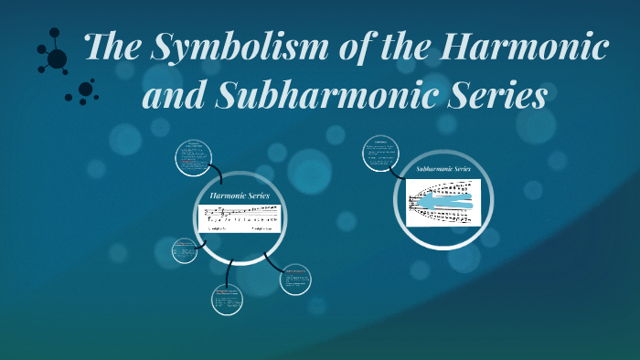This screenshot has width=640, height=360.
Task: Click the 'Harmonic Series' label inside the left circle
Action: pyautogui.click(x=239, y=196)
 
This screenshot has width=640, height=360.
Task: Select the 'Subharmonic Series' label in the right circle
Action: pyautogui.click(x=443, y=169)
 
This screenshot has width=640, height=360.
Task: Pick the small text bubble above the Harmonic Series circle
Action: pyautogui.click(x=193, y=158)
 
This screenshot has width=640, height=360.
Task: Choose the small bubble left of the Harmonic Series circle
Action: pyautogui.click(x=185, y=249)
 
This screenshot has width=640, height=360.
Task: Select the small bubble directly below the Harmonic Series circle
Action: pyautogui.click(x=228, y=299)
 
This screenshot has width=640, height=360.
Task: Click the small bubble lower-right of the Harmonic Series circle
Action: pyautogui.click(x=295, y=280)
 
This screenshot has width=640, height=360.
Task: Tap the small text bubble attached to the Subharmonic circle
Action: pyautogui.click(x=380, y=153)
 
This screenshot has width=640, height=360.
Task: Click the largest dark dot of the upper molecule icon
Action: pyautogui.click(x=57, y=59)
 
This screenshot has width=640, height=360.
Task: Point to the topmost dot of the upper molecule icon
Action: pyautogui.click(x=54, y=33)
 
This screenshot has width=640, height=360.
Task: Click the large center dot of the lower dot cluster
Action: pyautogui.click(x=85, y=90)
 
